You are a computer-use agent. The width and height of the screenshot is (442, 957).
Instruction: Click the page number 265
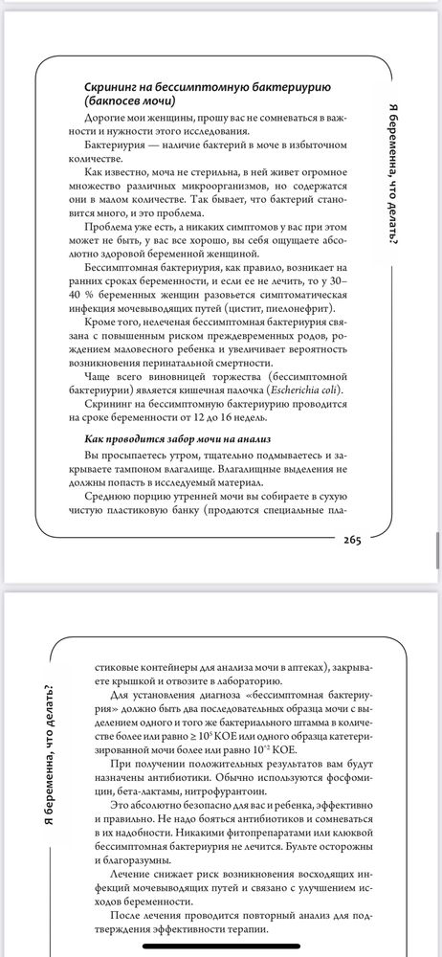pos(345,540)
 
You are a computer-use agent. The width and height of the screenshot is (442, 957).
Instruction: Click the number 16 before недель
pos(281,417)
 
